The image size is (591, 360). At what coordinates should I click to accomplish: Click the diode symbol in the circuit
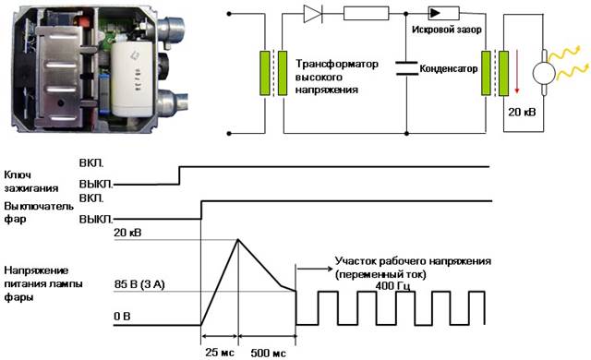tap(313, 14)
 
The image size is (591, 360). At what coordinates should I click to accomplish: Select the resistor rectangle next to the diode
tap(366, 14)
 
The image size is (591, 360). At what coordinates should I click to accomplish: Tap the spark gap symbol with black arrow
tap(443, 14)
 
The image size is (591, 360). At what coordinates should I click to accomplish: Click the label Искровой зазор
tap(447, 30)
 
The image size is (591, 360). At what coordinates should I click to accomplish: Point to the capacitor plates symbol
tap(406, 68)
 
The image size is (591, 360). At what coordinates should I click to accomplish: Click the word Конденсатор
tap(449, 68)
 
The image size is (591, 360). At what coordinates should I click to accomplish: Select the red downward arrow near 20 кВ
tap(517, 72)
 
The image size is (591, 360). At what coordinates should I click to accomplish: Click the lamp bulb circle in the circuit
tap(544, 73)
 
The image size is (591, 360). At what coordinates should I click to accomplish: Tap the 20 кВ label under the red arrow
tap(522, 112)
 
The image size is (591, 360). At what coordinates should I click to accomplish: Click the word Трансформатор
tap(336, 64)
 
